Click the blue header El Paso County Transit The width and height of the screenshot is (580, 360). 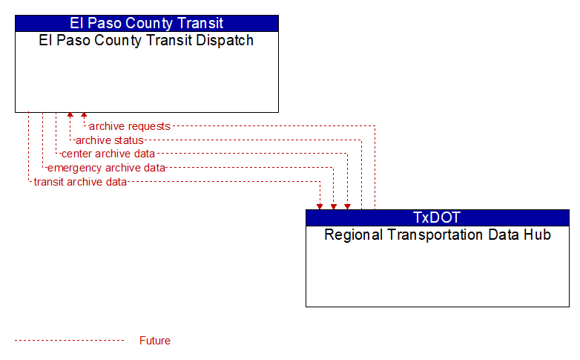point(146,23)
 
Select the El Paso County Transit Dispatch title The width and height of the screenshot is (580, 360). point(146,40)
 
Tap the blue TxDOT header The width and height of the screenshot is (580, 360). point(437,217)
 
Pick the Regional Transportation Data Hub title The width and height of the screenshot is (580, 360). point(438,235)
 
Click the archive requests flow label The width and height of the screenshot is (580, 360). point(130,126)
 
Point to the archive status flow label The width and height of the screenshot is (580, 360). point(110,140)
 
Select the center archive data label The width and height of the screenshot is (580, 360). point(108,154)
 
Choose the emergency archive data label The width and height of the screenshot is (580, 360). point(106,168)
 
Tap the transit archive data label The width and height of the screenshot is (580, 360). point(80,182)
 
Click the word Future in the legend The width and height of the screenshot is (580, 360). point(154,341)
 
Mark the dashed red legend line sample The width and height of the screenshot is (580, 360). point(70,341)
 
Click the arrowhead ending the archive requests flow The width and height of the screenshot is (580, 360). point(84,115)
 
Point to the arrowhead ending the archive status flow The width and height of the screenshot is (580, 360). point(70,115)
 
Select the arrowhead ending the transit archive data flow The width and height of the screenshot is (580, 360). point(320,206)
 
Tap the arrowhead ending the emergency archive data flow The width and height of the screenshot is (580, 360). point(334,206)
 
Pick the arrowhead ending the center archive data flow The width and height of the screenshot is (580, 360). point(347,206)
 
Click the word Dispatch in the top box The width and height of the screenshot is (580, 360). point(225,40)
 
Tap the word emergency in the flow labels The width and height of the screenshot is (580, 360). point(74,168)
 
